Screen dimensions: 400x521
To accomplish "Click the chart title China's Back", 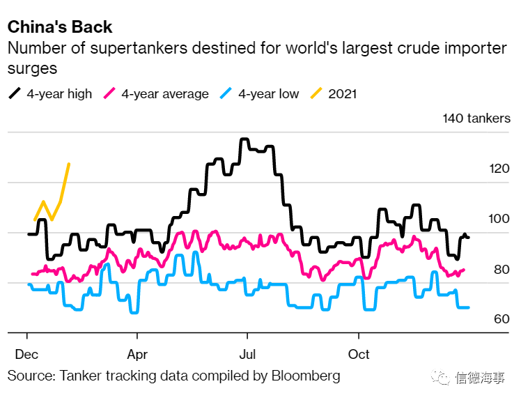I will click(x=60, y=27).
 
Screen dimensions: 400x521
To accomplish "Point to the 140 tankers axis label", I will click(x=476, y=118).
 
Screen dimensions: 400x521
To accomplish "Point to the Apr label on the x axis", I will click(x=137, y=354).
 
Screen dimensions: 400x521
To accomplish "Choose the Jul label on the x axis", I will click(x=247, y=354).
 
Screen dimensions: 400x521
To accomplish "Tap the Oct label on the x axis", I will click(x=359, y=354).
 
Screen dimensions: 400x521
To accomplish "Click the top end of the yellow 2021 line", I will click(x=69, y=164).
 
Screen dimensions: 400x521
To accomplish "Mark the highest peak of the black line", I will click(x=244, y=139).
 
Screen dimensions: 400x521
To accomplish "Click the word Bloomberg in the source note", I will click(x=307, y=376).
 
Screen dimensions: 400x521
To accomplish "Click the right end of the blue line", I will click(x=468, y=307).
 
